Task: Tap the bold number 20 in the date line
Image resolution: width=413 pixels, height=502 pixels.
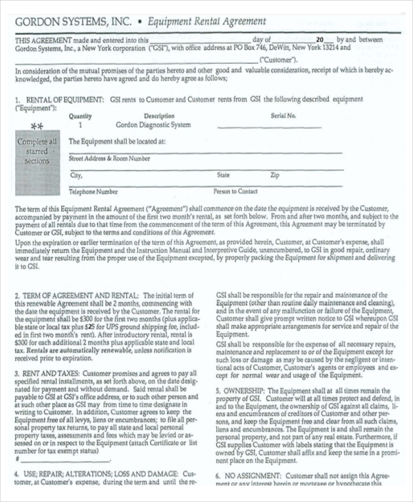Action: [x=319, y=40]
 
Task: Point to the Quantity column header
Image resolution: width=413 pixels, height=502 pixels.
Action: [x=81, y=116]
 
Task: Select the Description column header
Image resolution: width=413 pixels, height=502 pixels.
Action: [x=158, y=116]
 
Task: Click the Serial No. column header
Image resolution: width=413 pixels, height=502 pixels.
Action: [x=283, y=116]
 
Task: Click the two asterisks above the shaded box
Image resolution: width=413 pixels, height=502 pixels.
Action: [x=37, y=127]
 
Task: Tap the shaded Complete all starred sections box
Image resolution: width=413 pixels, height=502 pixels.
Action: [x=37, y=151]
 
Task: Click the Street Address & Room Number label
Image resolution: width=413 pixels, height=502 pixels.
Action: [x=109, y=159]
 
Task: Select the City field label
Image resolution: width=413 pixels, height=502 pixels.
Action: [x=76, y=175]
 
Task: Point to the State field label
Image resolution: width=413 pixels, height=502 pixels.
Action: [x=224, y=175]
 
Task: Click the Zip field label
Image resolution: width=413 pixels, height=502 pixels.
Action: [x=275, y=175]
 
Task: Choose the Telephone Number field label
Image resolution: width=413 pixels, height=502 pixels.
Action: [x=93, y=192]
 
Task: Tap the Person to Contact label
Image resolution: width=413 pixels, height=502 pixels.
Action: [x=235, y=192]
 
